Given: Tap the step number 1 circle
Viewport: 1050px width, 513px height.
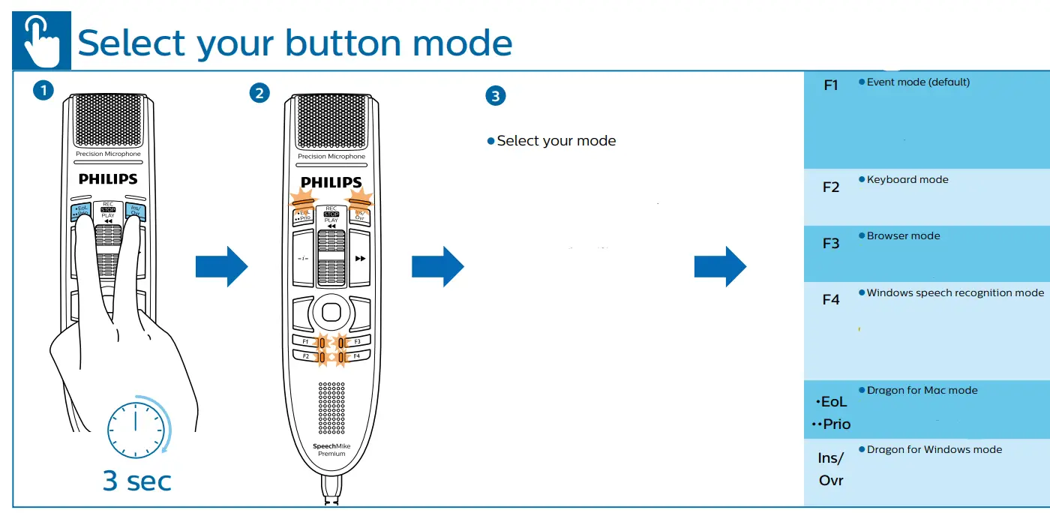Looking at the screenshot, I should tap(43, 91).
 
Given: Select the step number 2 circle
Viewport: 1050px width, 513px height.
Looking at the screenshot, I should tap(259, 94).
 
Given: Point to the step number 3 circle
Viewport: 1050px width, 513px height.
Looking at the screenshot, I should tap(496, 95).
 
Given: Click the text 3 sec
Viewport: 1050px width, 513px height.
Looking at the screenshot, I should tap(137, 480).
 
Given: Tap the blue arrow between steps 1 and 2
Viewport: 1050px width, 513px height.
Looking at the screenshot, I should tap(220, 266).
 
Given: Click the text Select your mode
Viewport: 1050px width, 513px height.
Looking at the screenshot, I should tap(556, 141).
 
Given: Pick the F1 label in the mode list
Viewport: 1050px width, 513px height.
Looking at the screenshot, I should tap(831, 85).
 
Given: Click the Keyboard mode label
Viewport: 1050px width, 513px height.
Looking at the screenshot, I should tap(907, 180).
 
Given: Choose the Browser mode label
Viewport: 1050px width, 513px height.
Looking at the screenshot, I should tap(903, 236).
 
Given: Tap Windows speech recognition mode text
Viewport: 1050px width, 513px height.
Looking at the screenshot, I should tap(955, 293).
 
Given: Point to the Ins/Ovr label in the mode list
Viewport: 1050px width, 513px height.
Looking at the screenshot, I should tap(831, 469).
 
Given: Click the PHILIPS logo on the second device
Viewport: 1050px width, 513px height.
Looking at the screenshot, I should tap(331, 182).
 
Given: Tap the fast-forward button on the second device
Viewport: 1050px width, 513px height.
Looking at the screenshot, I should tap(361, 259).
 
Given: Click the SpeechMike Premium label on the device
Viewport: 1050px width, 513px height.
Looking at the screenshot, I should tap(331, 450).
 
